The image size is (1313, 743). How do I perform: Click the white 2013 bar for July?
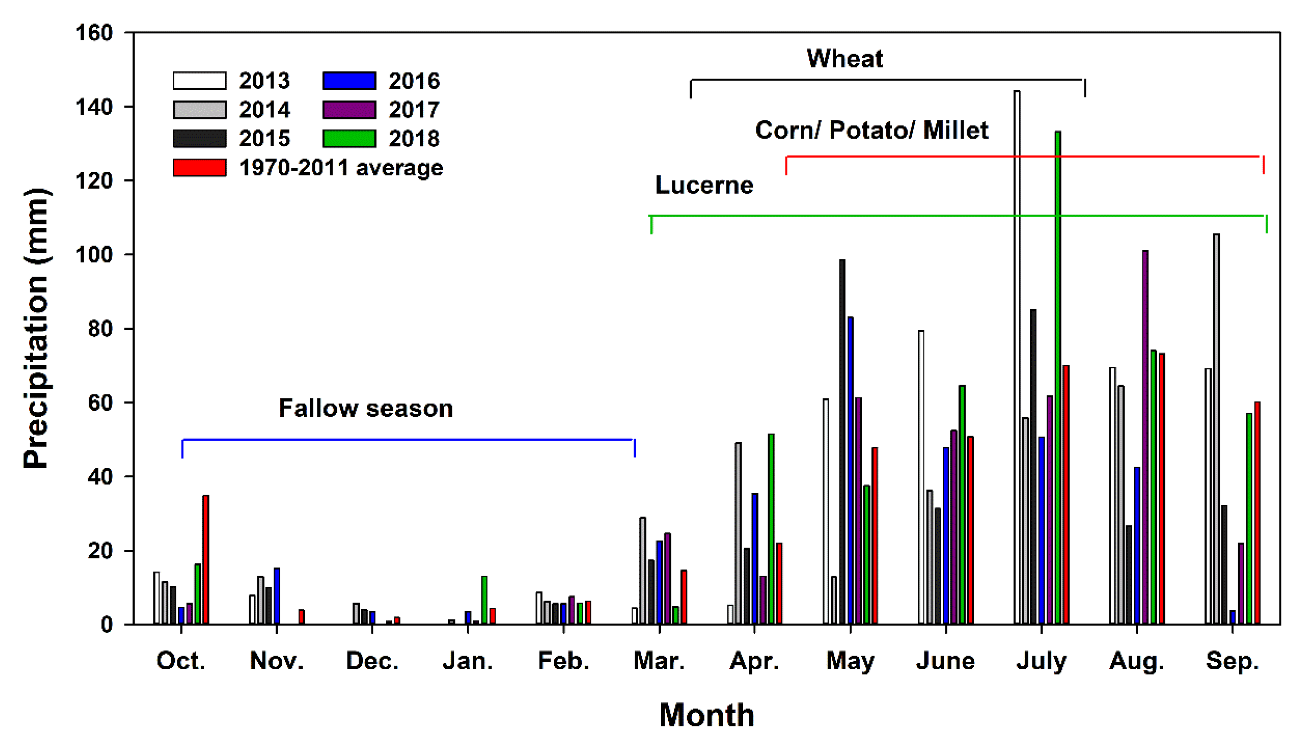tap(1017, 357)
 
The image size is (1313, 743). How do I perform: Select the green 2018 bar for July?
tap(1058, 378)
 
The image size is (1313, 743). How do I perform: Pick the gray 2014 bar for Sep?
tap(1217, 429)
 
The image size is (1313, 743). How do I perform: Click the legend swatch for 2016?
tap(349, 81)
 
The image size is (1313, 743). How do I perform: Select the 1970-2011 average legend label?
tap(341, 167)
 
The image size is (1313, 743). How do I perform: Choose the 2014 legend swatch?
tap(199, 110)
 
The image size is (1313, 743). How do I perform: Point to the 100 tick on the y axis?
tap(94, 255)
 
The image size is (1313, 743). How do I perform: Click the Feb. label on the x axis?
tap(563, 661)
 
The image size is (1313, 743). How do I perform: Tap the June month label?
tap(945, 661)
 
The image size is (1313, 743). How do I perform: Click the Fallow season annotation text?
tap(365, 408)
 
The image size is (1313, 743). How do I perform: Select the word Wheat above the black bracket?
tap(844, 58)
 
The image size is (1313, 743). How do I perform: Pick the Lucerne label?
tap(704, 185)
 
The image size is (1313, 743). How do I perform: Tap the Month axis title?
tap(706, 714)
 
